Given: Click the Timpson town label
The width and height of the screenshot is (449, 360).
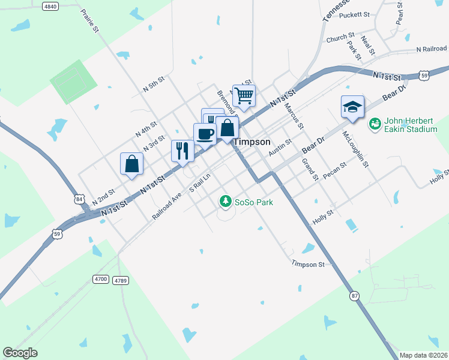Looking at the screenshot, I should coord(251,142).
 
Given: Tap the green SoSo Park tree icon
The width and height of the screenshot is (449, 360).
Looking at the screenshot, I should coord(225,202).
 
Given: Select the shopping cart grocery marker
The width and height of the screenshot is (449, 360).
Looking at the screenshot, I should coord(244,95).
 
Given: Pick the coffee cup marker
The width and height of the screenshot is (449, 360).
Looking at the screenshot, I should coord(205,134).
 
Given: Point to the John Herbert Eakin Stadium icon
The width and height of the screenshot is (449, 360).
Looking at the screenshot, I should coord(375,124).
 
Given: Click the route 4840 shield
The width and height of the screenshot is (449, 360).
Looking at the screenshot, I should coord(50,6).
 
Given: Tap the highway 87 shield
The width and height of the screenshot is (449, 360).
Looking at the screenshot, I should coord(355,296).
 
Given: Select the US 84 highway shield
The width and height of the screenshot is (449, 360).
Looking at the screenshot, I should coord(79,199).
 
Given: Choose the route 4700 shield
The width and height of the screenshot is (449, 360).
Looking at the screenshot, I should coord(101,279).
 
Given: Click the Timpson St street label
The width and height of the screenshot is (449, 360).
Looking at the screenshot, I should coord(308,264).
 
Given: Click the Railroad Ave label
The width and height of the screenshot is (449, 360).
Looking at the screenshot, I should coord(167,205).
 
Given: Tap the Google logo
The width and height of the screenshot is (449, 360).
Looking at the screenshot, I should coord(20,353).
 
